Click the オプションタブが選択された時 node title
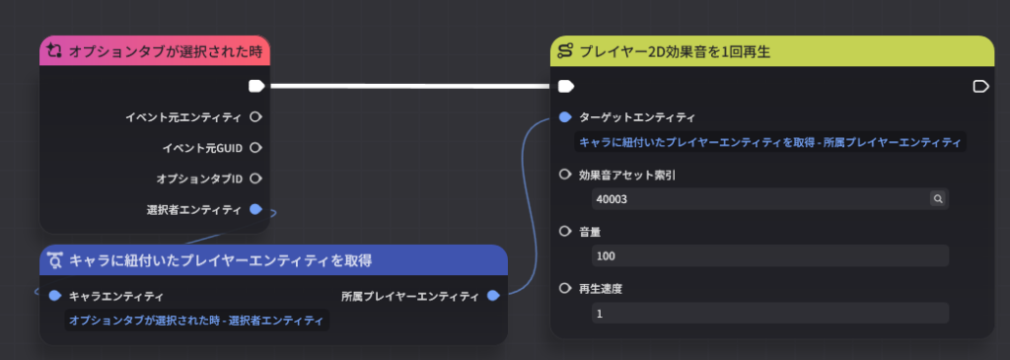click(x=166, y=52)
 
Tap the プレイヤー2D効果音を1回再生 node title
click(x=675, y=51)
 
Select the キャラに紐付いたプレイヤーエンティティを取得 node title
click(x=220, y=260)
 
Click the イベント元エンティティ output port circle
click(x=255, y=117)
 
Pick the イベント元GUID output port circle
click(x=255, y=148)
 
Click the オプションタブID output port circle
click(x=255, y=178)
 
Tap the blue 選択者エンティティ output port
click(x=255, y=209)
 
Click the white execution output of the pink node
click(x=256, y=86)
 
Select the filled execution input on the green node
click(x=565, y=86)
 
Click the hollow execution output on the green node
click(x=980, y=86)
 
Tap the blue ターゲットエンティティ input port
click(x=565, y=117)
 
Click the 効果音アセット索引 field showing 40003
click(x=769, y=199)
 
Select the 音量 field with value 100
click(x=769, y=255)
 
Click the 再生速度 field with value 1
click(x=769, y=313)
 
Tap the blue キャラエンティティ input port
click(x=55, y=296)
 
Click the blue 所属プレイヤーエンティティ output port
click(x=493, y=296)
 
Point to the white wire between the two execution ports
click(x=411, y=86)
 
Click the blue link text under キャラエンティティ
click(x=196, y=321)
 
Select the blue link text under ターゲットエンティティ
click(x=769, y=142)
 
